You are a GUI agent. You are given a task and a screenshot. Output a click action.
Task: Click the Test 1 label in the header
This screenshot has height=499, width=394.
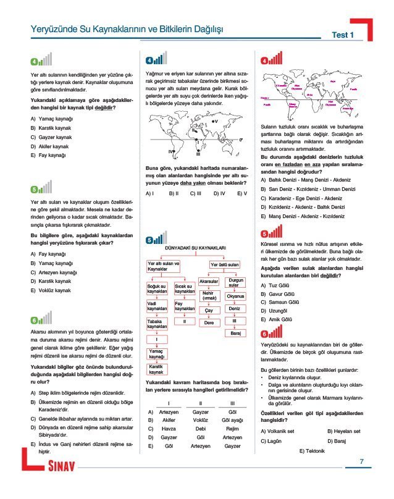pyautogui.click(x=343, y=35)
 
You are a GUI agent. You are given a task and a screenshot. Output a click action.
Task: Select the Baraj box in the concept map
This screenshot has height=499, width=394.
pyautogui.click(x=235, y=333)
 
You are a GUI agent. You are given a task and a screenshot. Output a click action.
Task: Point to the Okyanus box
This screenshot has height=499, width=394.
pyautogui.click(x=235, y=296)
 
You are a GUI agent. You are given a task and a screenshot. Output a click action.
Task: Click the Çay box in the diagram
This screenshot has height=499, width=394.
pyautogui.click(x=209, y=311)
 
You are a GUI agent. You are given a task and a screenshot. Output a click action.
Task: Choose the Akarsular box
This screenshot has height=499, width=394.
pyautogui.click(x=209, y=282)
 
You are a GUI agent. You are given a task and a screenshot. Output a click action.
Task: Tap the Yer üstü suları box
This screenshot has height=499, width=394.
pyautogui.click(x=224, y=264)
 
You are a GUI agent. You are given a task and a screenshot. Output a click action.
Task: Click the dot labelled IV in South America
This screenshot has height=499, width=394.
pyautogui.click(x=176, y=150)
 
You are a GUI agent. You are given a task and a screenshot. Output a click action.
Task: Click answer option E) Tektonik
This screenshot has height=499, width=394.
pyautogui.click(x=312, y=451)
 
